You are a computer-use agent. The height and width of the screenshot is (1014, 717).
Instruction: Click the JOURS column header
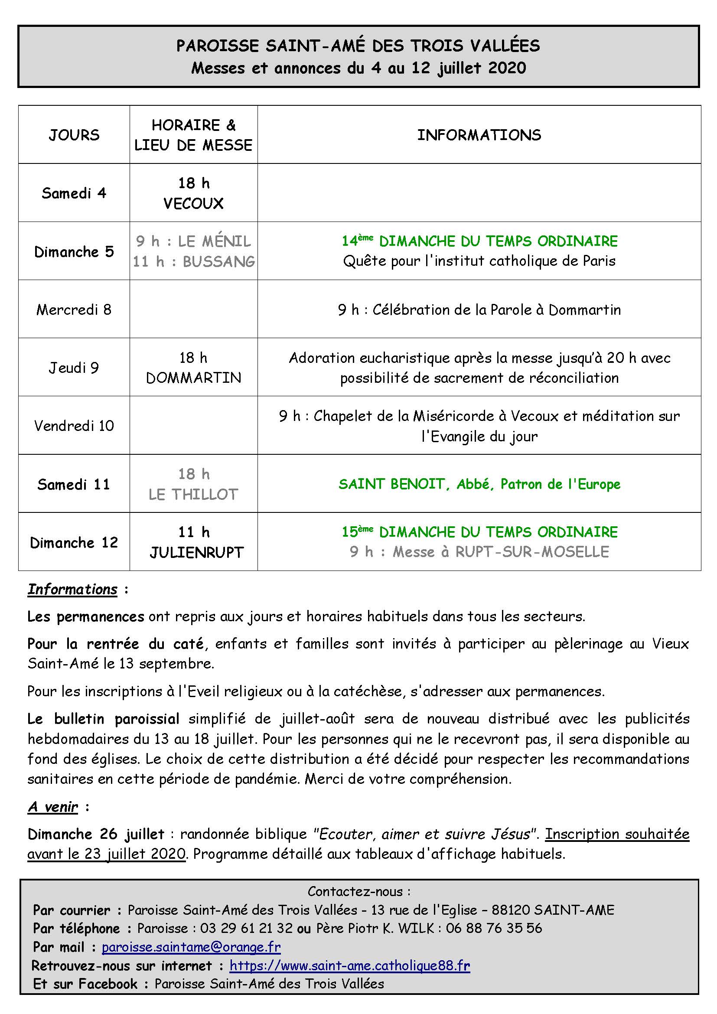point(74,135)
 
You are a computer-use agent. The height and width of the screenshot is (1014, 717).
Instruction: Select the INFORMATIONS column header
point(479,135)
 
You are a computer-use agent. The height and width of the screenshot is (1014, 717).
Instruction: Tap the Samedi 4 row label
point(74,193)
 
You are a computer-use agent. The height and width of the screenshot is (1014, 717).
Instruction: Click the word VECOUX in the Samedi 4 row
point(193,204)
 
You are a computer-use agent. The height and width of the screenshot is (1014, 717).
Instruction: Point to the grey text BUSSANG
point(219,261)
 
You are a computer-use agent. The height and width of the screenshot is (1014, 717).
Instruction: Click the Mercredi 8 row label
point(74,310)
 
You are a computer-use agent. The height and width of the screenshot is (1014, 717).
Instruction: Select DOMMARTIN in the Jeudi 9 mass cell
point(193,378)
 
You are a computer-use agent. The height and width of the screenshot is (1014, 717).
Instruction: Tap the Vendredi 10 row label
point(74,426)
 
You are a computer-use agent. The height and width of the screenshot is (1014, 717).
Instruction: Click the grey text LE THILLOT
point(193,494)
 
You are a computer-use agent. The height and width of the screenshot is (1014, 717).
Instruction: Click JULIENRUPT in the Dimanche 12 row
point(196,552)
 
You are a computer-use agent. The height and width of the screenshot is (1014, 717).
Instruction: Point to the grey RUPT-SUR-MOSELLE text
point(532,552)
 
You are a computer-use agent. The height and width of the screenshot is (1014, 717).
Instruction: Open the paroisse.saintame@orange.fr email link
point(191,947)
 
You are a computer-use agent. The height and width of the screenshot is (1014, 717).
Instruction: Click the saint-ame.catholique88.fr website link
point(350,965)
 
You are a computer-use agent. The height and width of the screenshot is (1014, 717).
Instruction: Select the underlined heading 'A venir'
point(53,807)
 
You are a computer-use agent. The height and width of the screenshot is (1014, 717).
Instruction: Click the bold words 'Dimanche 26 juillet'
point(96,834)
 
